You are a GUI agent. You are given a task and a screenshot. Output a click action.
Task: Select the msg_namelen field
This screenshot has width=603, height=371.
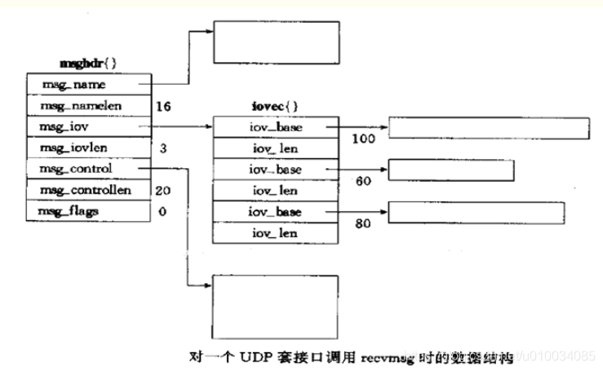click(x=87, y=106)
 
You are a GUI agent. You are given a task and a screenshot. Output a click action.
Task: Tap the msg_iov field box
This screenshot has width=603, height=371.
click(x=87, y=127)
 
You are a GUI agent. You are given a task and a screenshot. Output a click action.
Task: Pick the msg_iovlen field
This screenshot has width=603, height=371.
click(x=87, y=148)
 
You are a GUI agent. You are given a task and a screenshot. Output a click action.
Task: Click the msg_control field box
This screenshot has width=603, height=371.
click(x=87, y=169)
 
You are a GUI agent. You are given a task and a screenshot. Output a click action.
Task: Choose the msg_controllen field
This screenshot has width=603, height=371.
click(x=87, y=190)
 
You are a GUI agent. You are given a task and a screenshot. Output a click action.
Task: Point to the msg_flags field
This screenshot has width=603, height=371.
click(x=87, y=211)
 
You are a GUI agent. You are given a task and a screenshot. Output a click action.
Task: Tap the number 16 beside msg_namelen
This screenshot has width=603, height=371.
click(x=162, y=106)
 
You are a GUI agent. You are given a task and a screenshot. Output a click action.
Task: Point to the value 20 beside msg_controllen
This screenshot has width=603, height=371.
click(x=162, y=190)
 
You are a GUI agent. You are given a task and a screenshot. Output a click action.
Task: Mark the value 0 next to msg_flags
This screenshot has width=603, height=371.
click(x=163, y=211)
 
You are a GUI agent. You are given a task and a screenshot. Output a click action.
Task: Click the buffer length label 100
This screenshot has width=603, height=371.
click(x=363, y=139)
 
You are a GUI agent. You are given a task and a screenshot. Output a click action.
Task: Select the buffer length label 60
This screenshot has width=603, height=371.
click(x=364, y=181)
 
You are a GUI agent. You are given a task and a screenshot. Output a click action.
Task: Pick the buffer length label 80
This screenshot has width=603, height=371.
click(x=364, y=222)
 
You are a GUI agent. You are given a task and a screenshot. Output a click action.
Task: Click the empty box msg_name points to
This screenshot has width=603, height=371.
click(x=276, y=42)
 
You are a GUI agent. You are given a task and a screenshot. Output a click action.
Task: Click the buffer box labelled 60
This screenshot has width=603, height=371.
click(x=450, y=170)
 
